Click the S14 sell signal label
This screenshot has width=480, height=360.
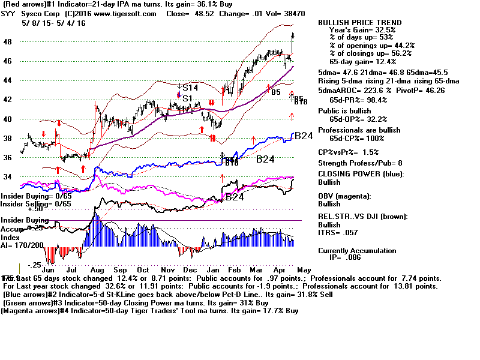[190, 88]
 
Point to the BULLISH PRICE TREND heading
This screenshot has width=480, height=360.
[359, 22]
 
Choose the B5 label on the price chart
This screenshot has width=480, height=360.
[276, 92]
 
